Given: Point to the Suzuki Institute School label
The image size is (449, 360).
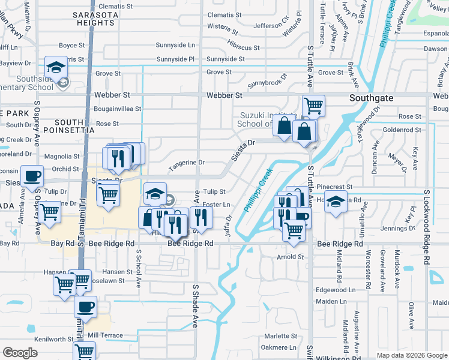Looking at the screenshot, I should pos(268,119).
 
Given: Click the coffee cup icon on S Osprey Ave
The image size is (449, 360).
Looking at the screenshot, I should pos(32,176).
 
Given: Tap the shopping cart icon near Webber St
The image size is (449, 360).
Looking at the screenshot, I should pos(313,106).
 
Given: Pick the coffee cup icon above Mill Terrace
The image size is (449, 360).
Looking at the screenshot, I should pos(85,307).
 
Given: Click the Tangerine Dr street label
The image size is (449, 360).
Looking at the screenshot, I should pos(187,162).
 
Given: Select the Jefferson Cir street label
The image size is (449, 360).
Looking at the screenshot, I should pos(271,26).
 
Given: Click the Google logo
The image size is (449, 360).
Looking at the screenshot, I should pos(20,353).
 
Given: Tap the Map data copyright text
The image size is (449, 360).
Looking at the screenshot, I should pos(411,355).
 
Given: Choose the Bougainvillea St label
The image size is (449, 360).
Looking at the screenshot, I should pos(118,109).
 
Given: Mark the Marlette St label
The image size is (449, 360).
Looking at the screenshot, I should pos(281,336).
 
